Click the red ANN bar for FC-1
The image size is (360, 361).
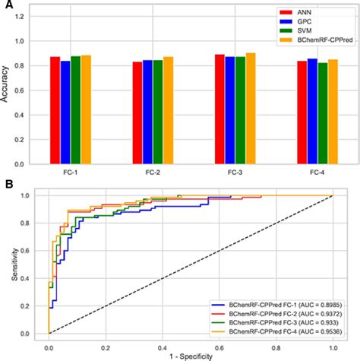pyautogui.click(x=55, y=110)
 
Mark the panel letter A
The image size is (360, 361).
pyautogui.click(x=6, y=5)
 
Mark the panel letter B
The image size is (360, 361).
pyautogui.click(x=6, y=185)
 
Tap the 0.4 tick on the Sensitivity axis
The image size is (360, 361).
pyautogui.click(x=36, y=278)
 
